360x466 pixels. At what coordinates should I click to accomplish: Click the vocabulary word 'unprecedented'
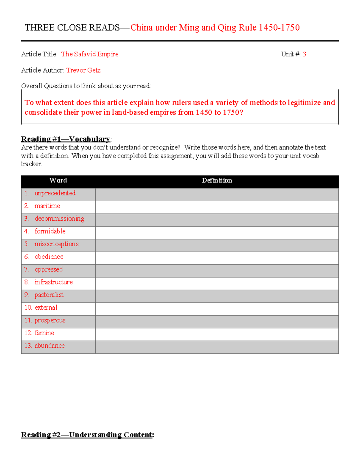click(55, 193)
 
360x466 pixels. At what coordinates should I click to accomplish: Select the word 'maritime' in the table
click(47, 206)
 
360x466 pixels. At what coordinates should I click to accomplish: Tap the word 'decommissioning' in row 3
click(59, 219)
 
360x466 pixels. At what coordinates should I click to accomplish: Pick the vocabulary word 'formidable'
click(50, 231)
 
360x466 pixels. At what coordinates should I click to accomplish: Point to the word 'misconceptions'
click(56, 244)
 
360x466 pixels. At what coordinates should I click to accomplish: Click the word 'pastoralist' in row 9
click(49, 295)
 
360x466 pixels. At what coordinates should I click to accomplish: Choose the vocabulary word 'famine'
click(44, 333)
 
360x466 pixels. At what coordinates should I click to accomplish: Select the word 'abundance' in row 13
click(49, 346)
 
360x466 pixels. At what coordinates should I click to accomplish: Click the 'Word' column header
click(58, 180)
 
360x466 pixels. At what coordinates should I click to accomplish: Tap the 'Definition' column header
click(217, 180)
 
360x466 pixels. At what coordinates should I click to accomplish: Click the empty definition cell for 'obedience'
click(217, 258)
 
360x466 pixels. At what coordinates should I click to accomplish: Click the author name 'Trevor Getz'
click(83, 70)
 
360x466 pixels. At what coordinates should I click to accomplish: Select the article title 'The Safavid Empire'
click(90, 54)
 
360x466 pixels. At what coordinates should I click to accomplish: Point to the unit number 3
click(304, 54)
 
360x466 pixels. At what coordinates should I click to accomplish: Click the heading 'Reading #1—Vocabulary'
click(66, 139)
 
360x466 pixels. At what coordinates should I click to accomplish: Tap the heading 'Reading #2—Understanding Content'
click(87, 435)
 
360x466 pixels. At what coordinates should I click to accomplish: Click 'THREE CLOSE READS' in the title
click(72, 28)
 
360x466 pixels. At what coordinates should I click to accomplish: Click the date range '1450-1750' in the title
click(279, 28)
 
